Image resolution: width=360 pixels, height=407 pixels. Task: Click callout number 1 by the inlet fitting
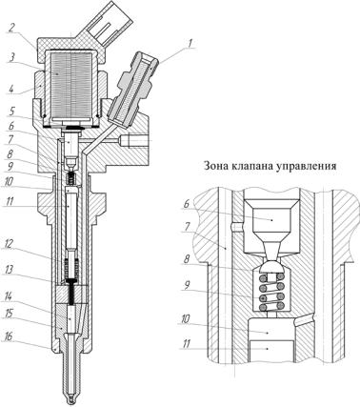(190, 43)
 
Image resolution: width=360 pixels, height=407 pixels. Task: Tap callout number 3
(10, 59)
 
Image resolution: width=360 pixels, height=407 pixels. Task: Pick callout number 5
(11, 112)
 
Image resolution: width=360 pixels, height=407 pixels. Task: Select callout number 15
(10, 315)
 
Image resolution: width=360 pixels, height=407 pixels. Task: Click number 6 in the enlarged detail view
(186, 204)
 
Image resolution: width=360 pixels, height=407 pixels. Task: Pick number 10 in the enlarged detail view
(186, 320)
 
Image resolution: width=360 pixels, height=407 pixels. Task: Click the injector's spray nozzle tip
(71, 398)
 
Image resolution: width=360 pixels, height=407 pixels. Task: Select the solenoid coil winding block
(71, 85)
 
